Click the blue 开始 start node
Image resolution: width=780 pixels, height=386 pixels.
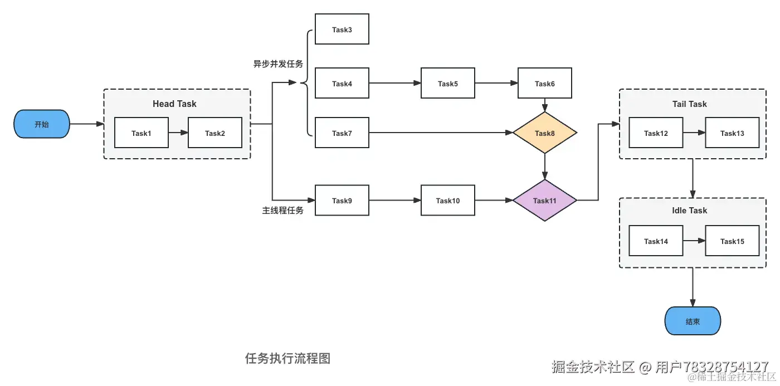[42, 124]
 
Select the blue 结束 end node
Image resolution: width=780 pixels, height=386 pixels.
[693, 321]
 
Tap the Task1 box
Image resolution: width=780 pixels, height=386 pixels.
[141, 133]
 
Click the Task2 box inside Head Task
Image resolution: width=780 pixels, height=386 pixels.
[214, 133]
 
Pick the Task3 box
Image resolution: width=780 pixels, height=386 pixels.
[342, 30]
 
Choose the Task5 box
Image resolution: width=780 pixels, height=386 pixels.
[447, 84]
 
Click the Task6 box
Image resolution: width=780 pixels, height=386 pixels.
[544, 84]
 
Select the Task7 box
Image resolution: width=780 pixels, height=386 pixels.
[342, 133]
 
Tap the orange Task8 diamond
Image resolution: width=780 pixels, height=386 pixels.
[544, 133]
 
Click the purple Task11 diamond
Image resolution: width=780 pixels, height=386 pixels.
[544, 201]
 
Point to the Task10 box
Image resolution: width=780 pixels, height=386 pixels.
[447, 201]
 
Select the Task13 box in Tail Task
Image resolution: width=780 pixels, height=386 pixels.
[732, 133]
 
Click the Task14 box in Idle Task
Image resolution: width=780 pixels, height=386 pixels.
[656, 241]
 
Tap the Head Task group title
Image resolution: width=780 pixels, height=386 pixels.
[174, 104]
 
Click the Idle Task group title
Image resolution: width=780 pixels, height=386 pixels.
[689, 211]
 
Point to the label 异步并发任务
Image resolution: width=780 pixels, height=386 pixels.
[278, 64]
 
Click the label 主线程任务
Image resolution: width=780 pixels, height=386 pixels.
[282, 211]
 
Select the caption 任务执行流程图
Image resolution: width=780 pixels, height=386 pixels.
[287, 358]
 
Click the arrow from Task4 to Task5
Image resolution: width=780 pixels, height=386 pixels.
[394, 84]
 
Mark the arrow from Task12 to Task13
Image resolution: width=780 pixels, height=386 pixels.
[694, 133]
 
